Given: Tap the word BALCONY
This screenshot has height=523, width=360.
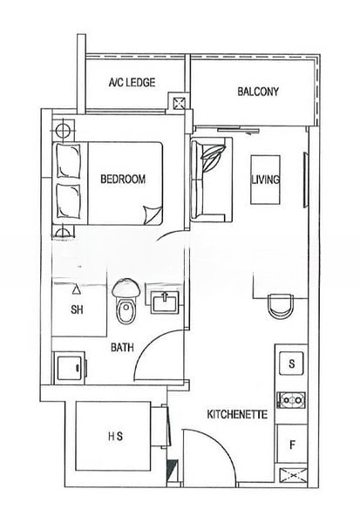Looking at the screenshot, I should (x=257, y=92).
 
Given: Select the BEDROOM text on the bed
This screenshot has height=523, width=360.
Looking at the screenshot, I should (x=123, y=180).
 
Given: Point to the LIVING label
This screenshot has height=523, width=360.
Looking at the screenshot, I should (x=264, y=180).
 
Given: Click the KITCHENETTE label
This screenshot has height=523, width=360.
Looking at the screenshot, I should (x=236, y=415).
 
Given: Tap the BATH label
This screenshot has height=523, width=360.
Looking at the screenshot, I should (x=121, y=347).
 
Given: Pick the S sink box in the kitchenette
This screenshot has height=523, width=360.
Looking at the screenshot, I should (x=291, y=363).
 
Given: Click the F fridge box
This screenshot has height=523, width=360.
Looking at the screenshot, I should (x=291, y=445).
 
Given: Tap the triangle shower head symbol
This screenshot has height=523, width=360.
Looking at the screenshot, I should (x=76, y=287).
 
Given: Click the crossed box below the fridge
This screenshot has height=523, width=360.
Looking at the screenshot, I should (x=290, y=476).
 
